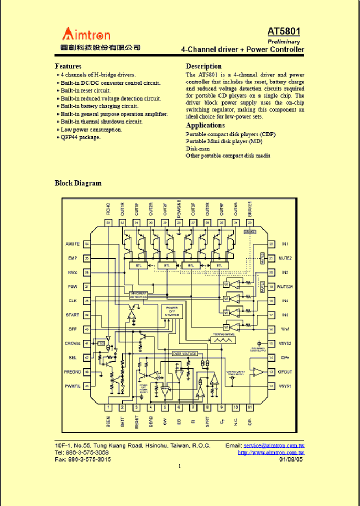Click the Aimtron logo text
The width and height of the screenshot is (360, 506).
click(x=86, y=34)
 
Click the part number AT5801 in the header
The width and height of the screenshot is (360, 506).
click(x=284, y=31)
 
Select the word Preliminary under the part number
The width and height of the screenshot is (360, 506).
click(x=284, y=41)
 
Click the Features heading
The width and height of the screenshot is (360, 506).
click(x=68, y=66)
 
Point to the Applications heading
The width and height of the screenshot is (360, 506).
click(x=205, y=125)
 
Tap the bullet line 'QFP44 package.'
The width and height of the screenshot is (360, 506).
click(x=80, y=137)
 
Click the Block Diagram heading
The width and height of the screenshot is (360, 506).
click(x=77, y=183)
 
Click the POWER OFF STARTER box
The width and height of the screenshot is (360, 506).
click(x=171, y=312)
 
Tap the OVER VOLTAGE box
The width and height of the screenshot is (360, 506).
click(x=184, y=353)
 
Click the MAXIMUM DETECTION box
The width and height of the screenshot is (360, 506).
click(x=138, y=295)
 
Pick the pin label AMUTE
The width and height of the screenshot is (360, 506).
click(x=72, y=244)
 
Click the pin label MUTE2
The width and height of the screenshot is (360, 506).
click(x=285, y=258)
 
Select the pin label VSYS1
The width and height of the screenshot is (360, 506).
click(x=285, y=386)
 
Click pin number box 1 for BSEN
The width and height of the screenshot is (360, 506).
click(x=108, y=407)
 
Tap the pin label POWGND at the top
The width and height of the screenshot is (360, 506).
click(x=179, y=210)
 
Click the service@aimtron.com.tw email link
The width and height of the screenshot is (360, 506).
click(x=273, y=445)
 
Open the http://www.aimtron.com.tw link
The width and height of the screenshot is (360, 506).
click(x=271, y=452)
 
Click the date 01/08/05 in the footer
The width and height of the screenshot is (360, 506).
click(x=291, y=459)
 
